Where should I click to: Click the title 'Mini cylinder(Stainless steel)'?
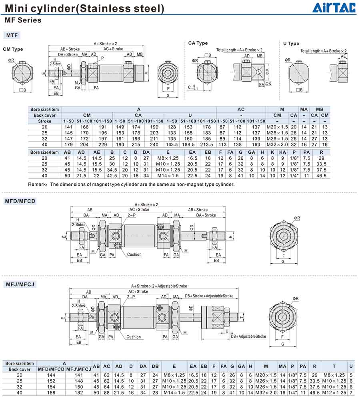tap(84, 8)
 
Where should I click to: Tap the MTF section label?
tap(12, 35)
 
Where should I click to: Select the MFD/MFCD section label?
tap(20, 201)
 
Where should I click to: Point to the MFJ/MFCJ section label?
tap(20, 284)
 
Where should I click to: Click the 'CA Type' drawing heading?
tap(198, 43)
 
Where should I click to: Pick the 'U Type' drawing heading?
tap(291, 44)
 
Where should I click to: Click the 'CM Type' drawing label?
tap(13, 49)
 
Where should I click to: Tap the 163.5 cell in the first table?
tap(172, 144)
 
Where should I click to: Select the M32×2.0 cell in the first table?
tap(277, 144)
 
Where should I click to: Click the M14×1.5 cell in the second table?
tap(168, 176)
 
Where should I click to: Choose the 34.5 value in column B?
tap(112, 170)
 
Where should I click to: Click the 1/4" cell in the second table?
tap(294, 176)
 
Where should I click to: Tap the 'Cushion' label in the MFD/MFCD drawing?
tap(134, 255)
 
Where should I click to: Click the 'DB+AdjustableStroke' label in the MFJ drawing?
tap(248, 337)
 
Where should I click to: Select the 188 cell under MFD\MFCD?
tap(51, 393)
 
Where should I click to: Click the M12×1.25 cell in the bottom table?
tap(334, 393)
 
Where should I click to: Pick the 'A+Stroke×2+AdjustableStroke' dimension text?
tap(159, 286)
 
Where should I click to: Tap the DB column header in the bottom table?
tap(155, 367)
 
